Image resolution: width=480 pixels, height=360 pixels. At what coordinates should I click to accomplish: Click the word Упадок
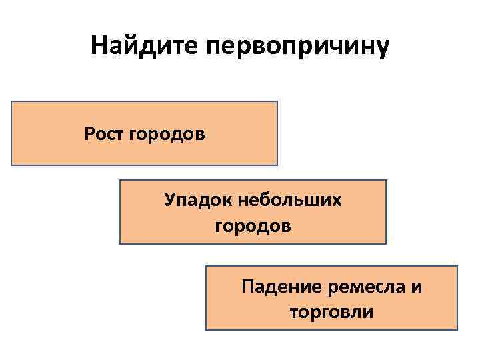click(197, 200)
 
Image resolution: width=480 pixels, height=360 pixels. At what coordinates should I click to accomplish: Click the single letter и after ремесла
click(417, 287)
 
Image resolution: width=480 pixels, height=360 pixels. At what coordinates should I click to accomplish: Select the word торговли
click(332, 312)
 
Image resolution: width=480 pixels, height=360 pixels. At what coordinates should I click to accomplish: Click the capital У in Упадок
click(170, 200)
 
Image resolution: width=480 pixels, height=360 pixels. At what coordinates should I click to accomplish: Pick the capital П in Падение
click(248, 287)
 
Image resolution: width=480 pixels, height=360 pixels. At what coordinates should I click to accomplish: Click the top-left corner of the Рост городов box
click(11, 102)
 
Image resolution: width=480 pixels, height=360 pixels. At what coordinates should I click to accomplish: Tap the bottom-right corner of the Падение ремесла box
click(457, 329)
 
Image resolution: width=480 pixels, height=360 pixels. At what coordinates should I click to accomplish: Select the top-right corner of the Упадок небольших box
click(386, 180)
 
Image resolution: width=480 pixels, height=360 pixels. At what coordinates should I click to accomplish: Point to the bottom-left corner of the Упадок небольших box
click(120, 244)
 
